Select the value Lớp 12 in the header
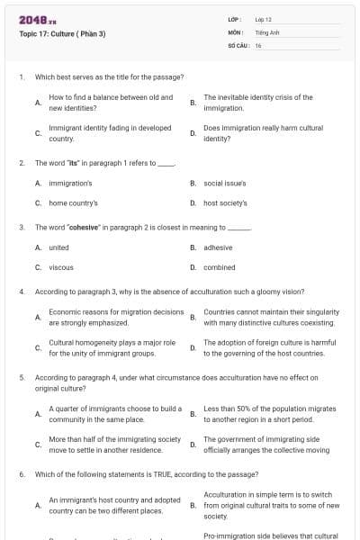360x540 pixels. point(263,19)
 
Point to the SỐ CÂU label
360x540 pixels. point(239,44)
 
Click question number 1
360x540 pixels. point(21,76)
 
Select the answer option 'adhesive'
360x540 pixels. point(218,247)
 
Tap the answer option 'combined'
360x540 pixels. point(220,266)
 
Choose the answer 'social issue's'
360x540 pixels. point(226,183)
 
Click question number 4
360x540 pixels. point(21,292)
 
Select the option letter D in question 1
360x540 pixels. point(193,133)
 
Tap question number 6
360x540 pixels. point(21,472)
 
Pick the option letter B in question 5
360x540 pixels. point(193,413)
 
